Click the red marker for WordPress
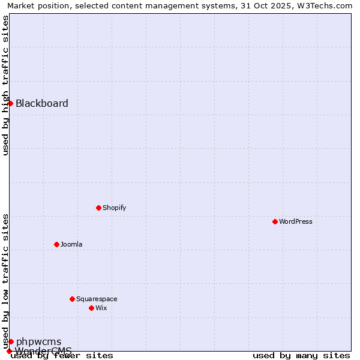tap(275, 221)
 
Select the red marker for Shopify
tap(98, 208)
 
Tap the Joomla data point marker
tap(56, 244)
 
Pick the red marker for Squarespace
tap(72, 299)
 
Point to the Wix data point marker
tap(91, 308)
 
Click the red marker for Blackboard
tap(10, 103)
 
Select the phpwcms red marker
tap(11, 341)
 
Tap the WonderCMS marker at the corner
tap(9, 351)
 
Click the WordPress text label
tap(296, 221)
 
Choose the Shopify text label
tap(114, 208)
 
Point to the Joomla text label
tap(71, 244)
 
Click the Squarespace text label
tap(97, 299)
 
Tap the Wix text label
tap(101, 308)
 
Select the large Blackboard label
tap(42, 103)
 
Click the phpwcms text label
tap(38, 342)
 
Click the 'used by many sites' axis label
tap(301, 355)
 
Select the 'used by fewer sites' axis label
tap(62, 355)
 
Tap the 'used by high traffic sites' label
tap(6, 85)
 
